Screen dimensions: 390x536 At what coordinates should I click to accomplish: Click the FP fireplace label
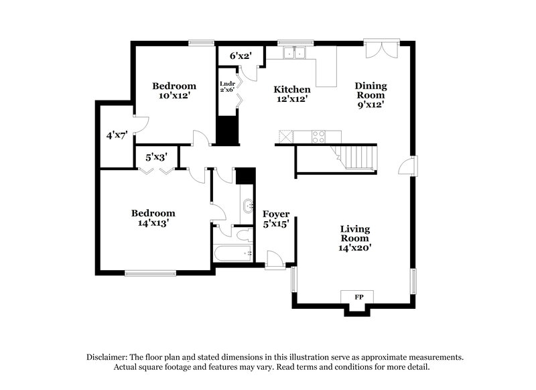pyautogui.click(x=359, y=296)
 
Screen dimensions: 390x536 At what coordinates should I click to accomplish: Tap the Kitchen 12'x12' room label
pyautogui.click(x=291, y=94)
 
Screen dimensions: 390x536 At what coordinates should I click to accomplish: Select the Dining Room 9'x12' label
pyautogui.click(x=371, y=94)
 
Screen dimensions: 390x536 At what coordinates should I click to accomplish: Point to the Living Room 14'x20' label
pyautogui.click(x=354, y=238)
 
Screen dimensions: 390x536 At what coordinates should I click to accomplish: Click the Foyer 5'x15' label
pyautogui.click(x=275, y=219)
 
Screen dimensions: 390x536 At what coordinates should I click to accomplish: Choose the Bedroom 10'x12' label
pyautogui.click(x=174, y=90)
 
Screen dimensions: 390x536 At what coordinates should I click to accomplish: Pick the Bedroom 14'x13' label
pyautogui.click(x=153, y=218)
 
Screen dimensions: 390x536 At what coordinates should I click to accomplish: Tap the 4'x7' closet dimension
pyautogui.click(x=117, y=136)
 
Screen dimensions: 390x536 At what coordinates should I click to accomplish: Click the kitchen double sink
pyautogui.click(x=293, y=54)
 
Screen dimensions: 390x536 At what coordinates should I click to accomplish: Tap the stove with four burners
pyautogui.click(x=319, y=136)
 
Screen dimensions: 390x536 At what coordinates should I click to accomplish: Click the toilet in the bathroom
pyautogui.click(x=243, y=235)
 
